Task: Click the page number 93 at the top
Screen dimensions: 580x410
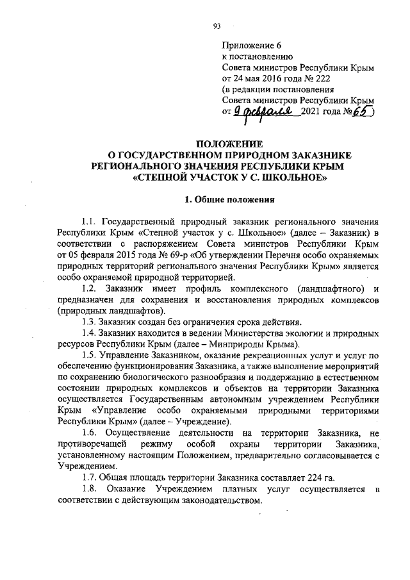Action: click(217, 26)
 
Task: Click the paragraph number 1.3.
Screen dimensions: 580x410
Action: click(92, 321)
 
